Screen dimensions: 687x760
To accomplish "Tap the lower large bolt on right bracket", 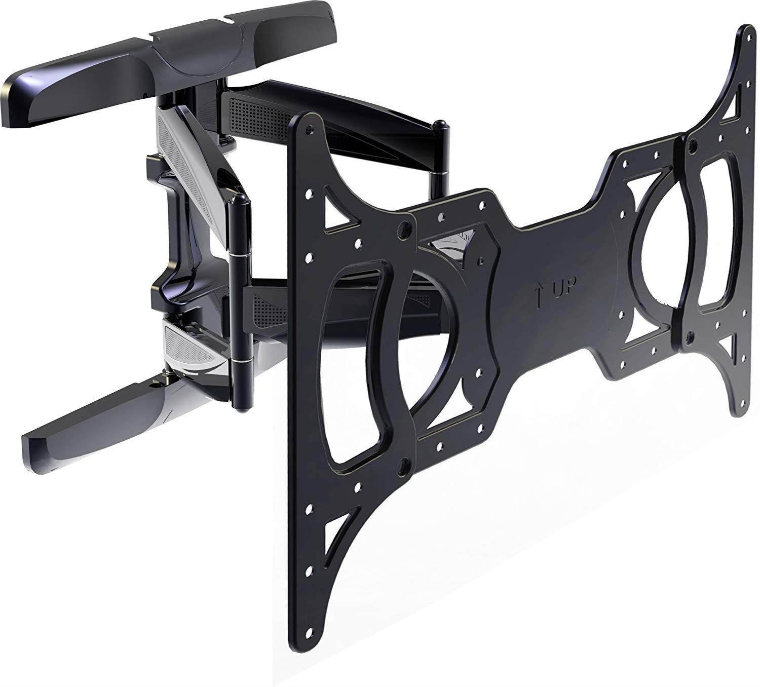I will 690,336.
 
